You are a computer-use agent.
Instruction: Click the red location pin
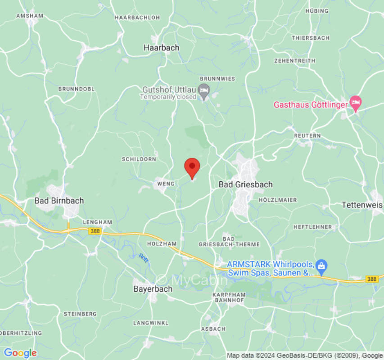coord(192,167)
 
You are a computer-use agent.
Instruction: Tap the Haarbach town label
coord(161,47)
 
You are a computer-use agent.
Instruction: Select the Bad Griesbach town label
coord(245,184)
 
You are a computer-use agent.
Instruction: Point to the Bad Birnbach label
coord(59,201)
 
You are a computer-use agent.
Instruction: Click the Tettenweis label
coord(361,205)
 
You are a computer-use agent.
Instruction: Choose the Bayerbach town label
coord(153,289)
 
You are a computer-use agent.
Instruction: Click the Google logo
coord(20,353)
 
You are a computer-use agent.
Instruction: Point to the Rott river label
coord(144,258)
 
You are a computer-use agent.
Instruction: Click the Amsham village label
coord(30,16)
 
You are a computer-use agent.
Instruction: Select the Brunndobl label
coord(77,89)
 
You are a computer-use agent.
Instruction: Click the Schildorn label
coord(139,159)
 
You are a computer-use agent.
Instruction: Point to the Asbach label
coord(213,329)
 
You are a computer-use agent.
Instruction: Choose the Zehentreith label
coord(294,60)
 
